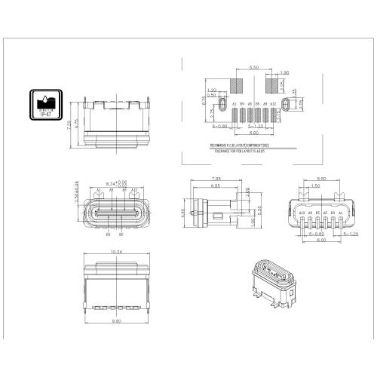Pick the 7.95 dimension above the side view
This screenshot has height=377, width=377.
(x=216, y=179)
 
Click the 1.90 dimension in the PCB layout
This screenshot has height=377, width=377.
(x=284, y=73)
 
